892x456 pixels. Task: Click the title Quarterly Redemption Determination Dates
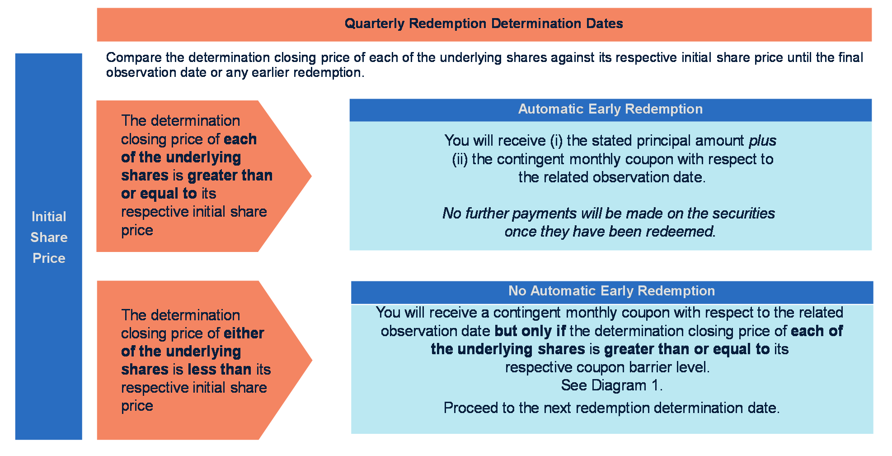pos(484,24)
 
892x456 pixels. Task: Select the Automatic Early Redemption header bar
pos(610,110)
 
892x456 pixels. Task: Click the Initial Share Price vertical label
pos(49,237)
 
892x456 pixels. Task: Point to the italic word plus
pos(762,141)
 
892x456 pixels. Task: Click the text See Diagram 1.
pos(612,385)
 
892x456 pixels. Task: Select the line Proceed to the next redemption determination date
pos(612,408)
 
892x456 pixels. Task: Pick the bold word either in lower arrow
pos(244,333)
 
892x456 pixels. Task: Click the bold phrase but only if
pos(530,331)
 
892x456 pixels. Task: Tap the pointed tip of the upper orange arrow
pos(311,176)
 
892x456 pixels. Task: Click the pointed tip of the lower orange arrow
pos(312,360)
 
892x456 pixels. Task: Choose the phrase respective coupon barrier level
pos(607,367)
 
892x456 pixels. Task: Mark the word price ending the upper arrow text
pos(137,231)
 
